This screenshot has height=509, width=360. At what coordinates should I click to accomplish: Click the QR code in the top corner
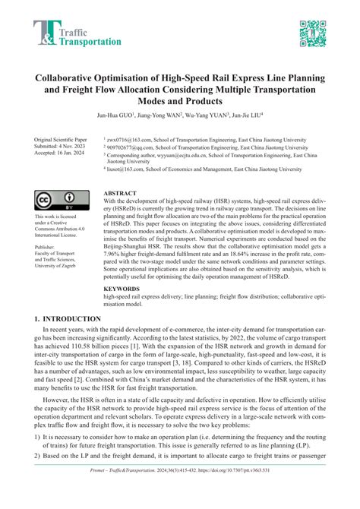pyautogui.click(x=313, y=33)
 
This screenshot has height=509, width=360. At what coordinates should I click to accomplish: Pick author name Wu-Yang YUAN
pyautogui.click(x=213, y=116)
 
